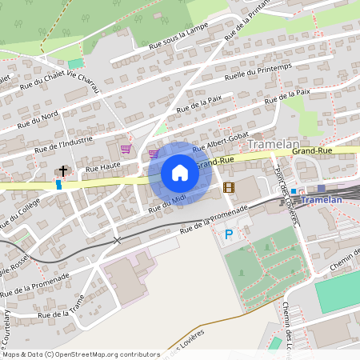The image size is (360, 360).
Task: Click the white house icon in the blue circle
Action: pos(180,173)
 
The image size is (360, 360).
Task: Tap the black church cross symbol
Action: pos(62,170)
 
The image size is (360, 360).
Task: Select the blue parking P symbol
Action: pos(230,234)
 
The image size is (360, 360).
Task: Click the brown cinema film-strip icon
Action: pos(230,187)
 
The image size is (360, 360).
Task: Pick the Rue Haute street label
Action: pos(102,167)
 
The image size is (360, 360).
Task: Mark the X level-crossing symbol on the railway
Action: pos(118,240)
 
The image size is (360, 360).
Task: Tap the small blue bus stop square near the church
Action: pos(58,184)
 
